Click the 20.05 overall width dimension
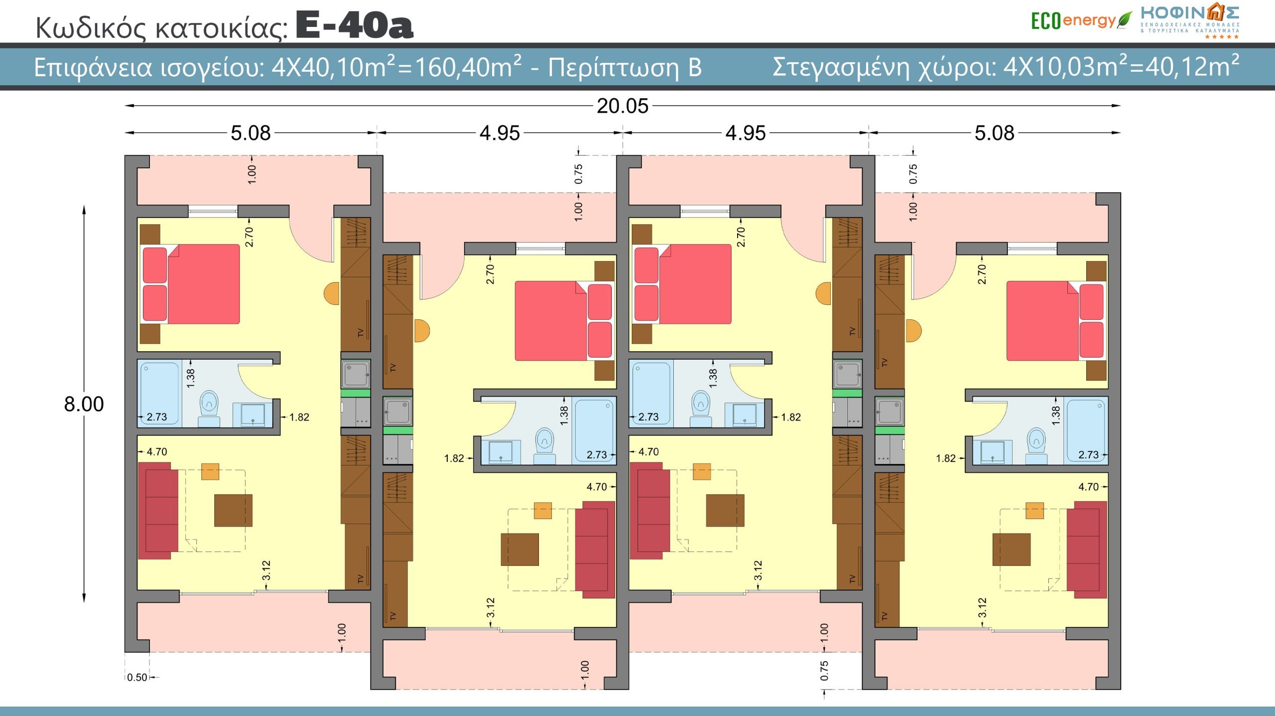(623, 106)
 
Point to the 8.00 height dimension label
(84, 404)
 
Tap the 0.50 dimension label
(137, 677)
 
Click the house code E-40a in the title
(355, 26)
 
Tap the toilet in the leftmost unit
(209, 409)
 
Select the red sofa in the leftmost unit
(158, 510)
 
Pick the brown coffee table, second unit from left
(519, 550)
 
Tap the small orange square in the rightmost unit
(1034, 511)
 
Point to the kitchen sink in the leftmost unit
(356, 374)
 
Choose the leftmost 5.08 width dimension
(251, 133)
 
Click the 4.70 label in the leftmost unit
(156, 452)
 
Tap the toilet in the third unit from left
(701, 409)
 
